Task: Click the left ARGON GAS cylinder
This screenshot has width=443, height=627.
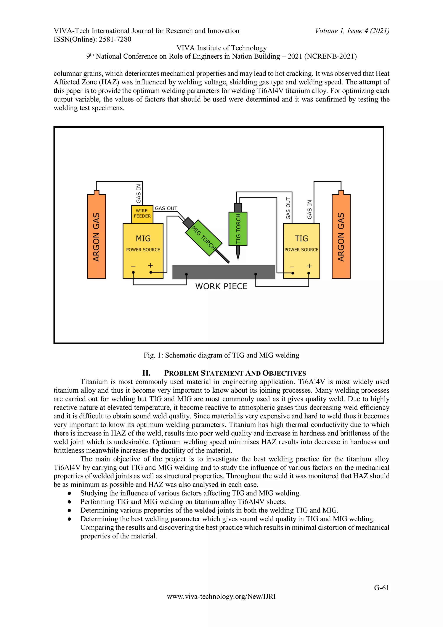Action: (96, 237)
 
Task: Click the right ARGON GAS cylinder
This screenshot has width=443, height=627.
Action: (341, 237)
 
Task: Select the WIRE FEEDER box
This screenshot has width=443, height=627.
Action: (142, 214)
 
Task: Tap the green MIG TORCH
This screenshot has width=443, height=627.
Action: (204, 238)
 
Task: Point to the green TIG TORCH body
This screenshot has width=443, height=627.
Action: (238, 229)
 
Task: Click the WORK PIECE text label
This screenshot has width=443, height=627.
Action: (221, 287)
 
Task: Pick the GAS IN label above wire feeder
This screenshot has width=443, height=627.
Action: (139, 194)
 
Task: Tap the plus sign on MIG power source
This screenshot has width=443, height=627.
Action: (150, 265)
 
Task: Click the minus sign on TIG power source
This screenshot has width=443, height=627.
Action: (292, 266)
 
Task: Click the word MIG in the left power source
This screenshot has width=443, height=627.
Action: (143, 239)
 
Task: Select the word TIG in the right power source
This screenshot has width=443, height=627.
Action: (301, 239)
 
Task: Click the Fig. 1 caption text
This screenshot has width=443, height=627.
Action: (221, 355)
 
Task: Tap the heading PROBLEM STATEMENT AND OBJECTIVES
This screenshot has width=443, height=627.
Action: (235, 373)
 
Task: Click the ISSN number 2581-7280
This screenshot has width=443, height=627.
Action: (115, 40)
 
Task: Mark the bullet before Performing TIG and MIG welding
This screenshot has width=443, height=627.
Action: (70, 502)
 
